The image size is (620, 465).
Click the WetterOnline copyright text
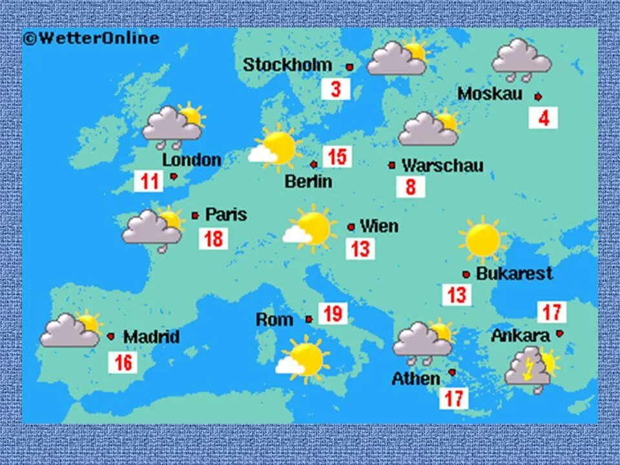(91, 38)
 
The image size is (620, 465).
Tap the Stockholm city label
(287, 65)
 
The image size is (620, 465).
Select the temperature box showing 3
(336, 88)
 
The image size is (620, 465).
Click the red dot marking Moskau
(538, 96)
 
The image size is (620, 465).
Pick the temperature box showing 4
(543, 118)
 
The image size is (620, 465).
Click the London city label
(191, 160)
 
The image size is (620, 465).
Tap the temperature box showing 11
(149, 181)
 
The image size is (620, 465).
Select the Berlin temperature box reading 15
(337, 156)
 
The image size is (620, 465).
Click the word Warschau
(442, 165)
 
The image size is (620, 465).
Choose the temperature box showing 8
(411, 187)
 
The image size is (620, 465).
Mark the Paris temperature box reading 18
(213, 239)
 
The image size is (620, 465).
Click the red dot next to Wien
(351, 227)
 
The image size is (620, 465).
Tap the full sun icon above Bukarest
(483, 240)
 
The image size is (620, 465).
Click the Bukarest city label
(514, 273)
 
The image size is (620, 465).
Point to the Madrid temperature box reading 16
(123, 362)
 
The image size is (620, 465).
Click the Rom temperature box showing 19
(333, 314)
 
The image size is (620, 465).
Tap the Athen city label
(415, 378)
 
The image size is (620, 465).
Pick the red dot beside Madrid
(111, 336)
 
